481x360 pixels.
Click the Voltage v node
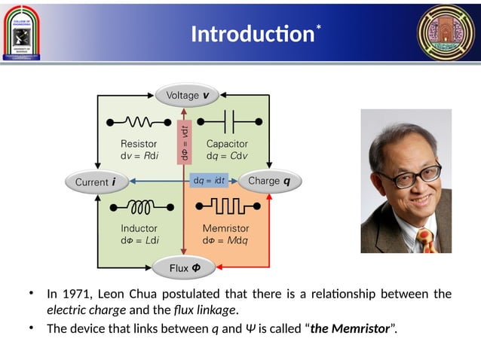183,96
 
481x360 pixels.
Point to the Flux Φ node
184,267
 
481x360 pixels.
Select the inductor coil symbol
140,206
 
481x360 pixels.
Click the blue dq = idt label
210,181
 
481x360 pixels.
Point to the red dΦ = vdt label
184,142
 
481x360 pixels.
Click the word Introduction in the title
252,35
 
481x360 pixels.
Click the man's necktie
426,240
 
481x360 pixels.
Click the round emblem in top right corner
446,32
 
